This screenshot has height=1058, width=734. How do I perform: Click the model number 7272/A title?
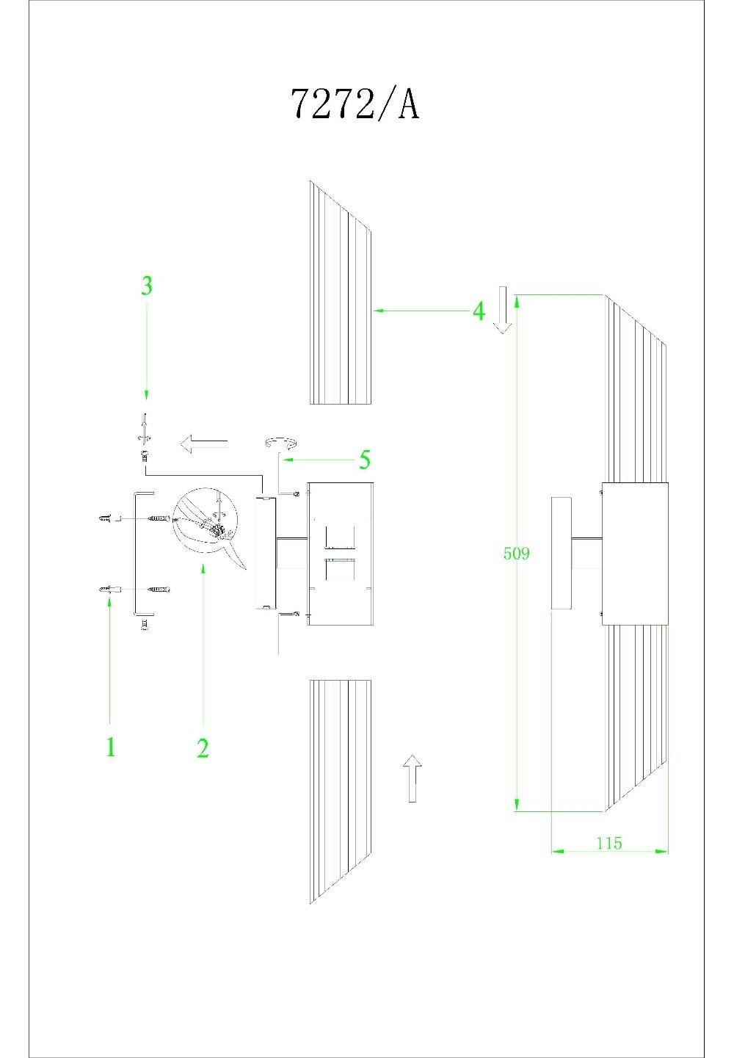[355, 104]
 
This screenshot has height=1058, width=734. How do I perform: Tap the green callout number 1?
[110, 747]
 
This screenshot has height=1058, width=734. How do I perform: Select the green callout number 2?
[203, 747]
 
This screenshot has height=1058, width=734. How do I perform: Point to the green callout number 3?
[147, 286]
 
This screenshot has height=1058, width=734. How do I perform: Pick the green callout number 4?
[479, 311]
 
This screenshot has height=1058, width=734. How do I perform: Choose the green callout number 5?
[364, 460]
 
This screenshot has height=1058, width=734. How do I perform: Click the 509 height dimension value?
[516, 554]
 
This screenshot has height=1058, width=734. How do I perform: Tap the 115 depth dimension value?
[608, 843]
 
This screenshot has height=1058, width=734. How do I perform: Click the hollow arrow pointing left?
[203, 443]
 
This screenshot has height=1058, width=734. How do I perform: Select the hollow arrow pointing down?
[502, 310]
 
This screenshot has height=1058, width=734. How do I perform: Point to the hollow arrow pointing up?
[413, 778]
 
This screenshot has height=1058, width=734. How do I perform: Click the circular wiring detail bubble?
[205, 520]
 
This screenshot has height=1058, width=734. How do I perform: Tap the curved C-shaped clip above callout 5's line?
[281, 442]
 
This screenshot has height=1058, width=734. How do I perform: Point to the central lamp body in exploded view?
[340, 554]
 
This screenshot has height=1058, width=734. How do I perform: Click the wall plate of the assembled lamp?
[561, 553]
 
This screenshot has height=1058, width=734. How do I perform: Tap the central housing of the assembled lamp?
[635, 554]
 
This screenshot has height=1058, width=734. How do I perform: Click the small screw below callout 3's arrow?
[145, 456]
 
